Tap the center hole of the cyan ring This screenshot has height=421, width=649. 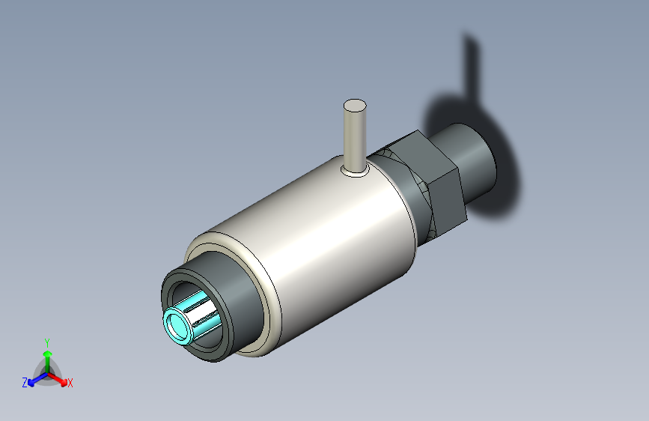tap(178, 326)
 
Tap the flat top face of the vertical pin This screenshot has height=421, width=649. tap(355, 106)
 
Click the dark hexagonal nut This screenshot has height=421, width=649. tap(430, 182)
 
